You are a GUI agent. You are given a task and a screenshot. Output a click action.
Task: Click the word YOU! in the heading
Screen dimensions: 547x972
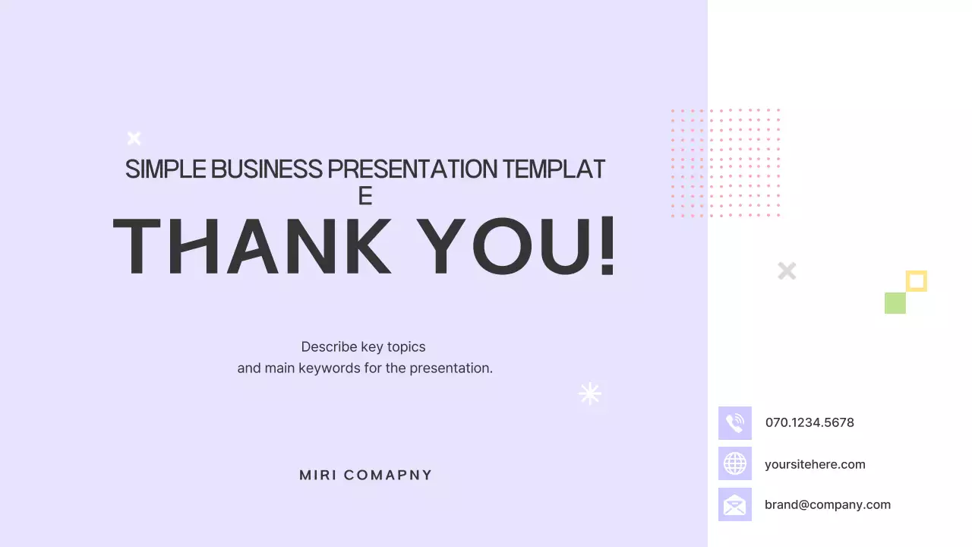click(517, 247)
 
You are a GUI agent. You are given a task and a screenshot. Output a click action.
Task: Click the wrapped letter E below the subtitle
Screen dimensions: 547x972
click(365, 196)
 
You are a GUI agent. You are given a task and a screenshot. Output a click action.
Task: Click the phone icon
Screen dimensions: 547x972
click(735, 423)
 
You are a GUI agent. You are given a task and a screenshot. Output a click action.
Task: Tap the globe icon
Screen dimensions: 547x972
click(735, 463)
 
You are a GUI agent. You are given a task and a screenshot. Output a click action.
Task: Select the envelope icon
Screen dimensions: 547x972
click(735, 504)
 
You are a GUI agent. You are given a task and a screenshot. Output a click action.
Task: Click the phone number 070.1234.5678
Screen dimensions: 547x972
click(809, 422)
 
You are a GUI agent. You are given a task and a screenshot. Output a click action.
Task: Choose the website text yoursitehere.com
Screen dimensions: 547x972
click(815, 464)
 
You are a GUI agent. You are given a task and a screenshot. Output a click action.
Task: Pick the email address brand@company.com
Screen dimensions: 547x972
click(827, 504)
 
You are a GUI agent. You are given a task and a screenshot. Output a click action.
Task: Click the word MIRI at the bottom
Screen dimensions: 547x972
click(317, 476)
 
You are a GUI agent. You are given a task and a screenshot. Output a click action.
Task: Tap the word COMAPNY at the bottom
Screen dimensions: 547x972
click(388, 476)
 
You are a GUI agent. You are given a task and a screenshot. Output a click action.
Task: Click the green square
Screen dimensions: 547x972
click(895, 303)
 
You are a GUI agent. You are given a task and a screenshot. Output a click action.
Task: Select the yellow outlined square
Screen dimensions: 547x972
click(917, 281)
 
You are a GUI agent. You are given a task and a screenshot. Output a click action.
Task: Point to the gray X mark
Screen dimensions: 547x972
click(787, 270)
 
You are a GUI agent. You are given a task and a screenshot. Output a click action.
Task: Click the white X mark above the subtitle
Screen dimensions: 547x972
click(134, 138)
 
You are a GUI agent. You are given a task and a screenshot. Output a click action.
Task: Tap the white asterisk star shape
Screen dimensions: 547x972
click(590, 394)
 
